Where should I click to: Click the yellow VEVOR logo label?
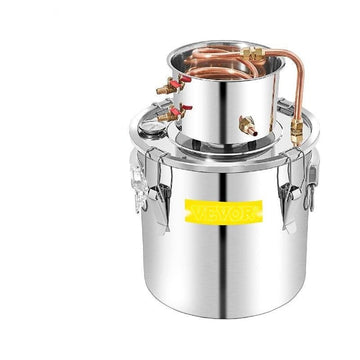224,212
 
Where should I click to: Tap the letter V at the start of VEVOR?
197,212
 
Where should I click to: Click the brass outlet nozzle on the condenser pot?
248,126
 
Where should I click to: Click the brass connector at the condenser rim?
253,53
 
